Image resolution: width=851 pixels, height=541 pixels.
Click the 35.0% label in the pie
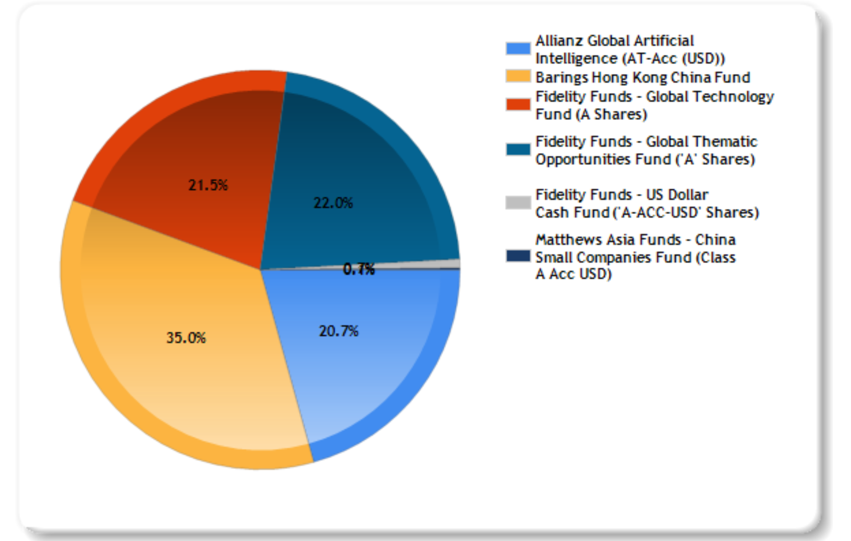click(186, 338)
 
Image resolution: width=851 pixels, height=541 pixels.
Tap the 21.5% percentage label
click(208, 185)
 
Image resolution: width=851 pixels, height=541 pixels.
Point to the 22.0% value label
click(333, 203)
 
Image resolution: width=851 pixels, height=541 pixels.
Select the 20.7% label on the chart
click(338, 331)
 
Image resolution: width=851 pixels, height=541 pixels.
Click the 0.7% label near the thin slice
click(359, 269)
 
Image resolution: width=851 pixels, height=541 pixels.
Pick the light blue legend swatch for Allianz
click(518, 49)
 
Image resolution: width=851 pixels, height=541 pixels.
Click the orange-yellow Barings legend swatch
click(518, 76)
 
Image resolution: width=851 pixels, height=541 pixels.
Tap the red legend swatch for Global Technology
click(518, 104)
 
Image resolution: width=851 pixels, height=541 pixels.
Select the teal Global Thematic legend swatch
click(518, 149)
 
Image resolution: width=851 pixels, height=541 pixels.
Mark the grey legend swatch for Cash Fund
click(518, 203)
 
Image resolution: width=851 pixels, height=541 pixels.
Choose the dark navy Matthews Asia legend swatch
click(518, 256)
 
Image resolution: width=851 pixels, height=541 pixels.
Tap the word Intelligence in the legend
click(576, 58)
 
